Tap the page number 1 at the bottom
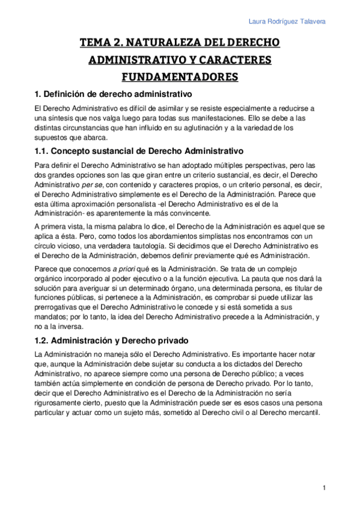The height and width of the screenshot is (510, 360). pos(323,488)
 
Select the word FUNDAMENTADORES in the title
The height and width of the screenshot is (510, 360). pos(180,77)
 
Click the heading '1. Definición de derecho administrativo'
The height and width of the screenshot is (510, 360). pos(112,94)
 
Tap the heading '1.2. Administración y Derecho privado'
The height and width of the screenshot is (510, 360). pos(112,339)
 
